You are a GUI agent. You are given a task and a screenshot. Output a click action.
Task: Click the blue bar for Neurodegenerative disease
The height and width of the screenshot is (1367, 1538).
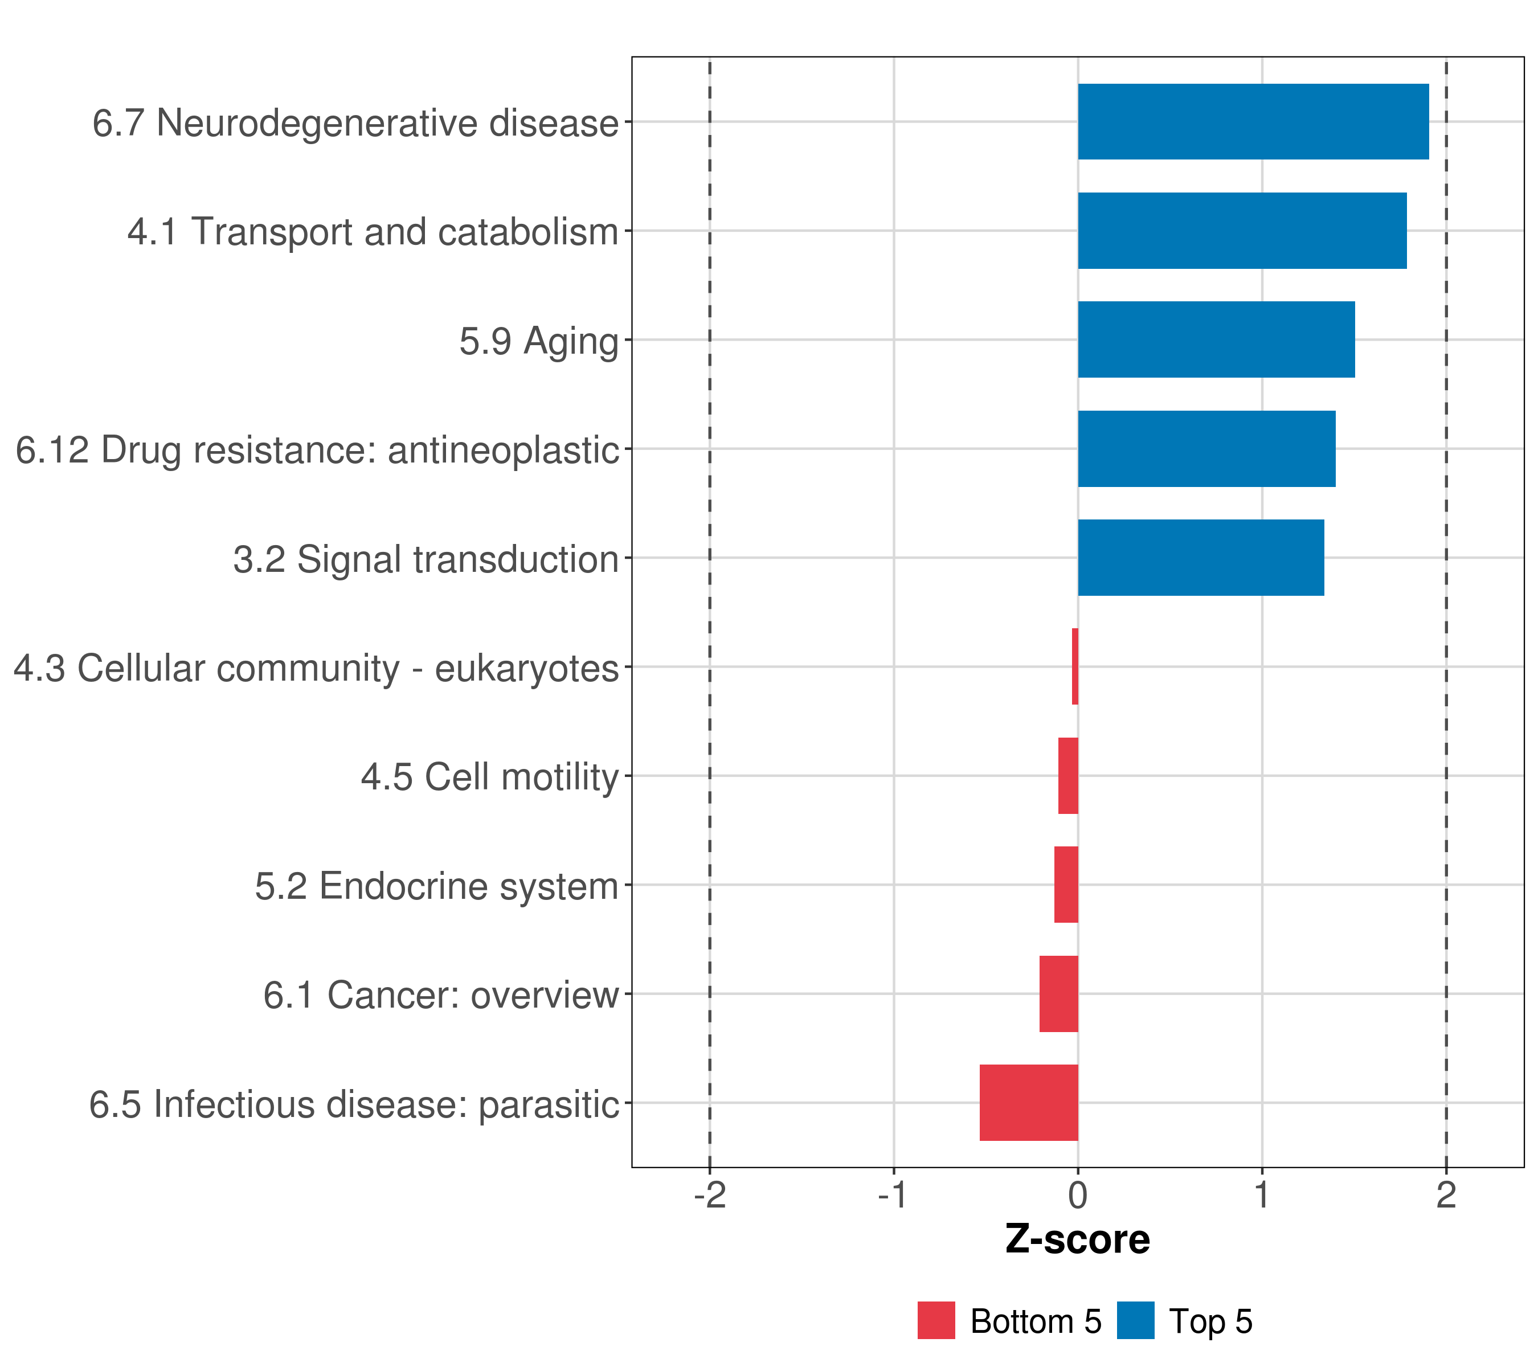(1253, 122)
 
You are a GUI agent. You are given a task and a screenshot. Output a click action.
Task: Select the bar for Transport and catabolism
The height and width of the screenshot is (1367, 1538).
(1242, 231)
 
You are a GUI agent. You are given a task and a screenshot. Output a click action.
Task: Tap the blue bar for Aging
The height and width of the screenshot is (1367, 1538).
(1216, 339)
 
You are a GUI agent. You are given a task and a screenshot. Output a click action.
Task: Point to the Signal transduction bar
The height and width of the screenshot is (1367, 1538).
(1201, 558)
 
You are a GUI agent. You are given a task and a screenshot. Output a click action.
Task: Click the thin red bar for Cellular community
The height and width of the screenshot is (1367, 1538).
(1075, 666)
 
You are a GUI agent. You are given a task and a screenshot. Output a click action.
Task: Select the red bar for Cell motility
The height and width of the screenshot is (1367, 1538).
(1069, 776)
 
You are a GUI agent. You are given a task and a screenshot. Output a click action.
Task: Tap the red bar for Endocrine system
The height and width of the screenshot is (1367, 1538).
(1066, 885)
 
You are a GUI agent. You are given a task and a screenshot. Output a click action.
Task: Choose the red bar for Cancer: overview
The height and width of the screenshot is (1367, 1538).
(1059, 994)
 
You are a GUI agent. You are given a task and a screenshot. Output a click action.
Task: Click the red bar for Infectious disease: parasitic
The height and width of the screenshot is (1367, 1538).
(1029, 1103)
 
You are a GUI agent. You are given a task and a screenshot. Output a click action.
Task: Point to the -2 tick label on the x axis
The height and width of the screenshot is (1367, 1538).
(710, 1196)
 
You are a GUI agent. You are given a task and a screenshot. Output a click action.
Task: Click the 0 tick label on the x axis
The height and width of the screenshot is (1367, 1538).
(1078, 1196)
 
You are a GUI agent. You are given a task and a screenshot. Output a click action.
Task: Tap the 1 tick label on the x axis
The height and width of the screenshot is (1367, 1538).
(1262, 1196)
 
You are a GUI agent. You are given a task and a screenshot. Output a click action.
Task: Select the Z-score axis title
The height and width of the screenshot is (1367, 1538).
(1078, 1241)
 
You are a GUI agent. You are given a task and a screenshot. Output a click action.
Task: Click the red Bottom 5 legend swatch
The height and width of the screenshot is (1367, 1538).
(936, 1321)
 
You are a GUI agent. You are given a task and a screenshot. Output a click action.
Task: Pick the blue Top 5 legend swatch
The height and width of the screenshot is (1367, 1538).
(1135, 1321)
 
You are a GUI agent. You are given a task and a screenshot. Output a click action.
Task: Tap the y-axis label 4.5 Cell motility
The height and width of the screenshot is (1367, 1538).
(489, 777)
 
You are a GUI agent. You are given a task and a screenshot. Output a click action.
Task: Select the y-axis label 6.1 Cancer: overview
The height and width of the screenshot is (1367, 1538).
(441, 995)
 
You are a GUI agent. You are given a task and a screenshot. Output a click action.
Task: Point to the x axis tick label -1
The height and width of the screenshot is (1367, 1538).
(893, 1196)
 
